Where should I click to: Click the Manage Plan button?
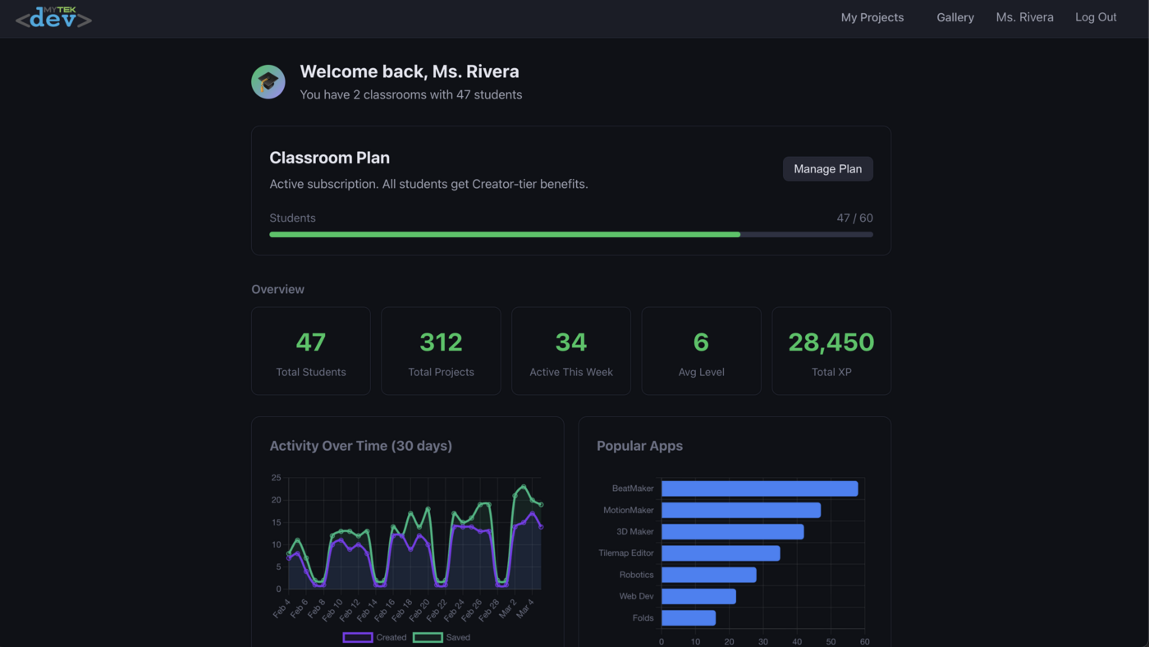[x=827, y=169]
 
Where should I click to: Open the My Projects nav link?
[x=872, y=17]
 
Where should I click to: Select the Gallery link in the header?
[x=955, y=17]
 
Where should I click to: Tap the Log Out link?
[x=1096, y=17]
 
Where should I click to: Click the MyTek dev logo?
[x=53, y=17]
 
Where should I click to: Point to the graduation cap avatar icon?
[x=268, y=82]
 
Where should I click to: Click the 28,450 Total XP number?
[x=831, y=342]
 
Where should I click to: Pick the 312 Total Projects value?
[x=441, y=342]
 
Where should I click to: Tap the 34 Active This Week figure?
[x=570, y=342]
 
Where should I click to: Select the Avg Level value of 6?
[x=701, y=342]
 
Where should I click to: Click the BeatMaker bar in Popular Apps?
[x=759, y=489]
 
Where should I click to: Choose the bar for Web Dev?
[x=698, y=596]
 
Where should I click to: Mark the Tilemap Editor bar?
[x=721, y=553]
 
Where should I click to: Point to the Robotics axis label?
[x=636, y=575]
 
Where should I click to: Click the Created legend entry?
[x=375, y=637]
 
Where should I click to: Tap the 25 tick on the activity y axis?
[x=276, y=478]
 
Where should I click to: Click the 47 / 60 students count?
[x=854, y=218]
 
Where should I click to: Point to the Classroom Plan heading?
[x=329, y=158]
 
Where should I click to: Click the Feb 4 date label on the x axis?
[x=282, y=608]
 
